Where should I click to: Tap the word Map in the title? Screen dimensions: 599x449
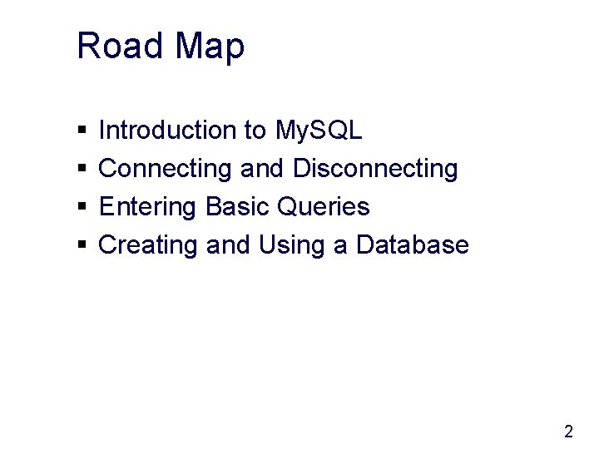coord(210,47)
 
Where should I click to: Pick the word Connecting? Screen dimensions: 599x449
coord(166,170)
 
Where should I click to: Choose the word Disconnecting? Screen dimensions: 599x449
coord(375,170)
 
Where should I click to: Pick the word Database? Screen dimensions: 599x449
coord(413,245)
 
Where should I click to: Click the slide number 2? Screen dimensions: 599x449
coord(568,432)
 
